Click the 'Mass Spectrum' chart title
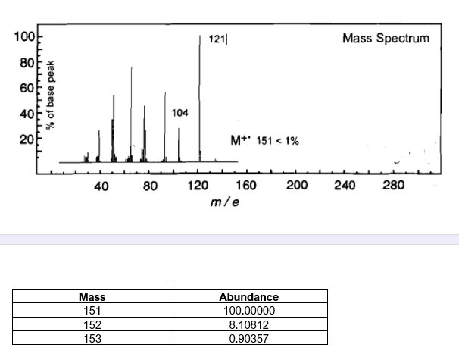tap(386, 38)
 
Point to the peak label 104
tap(180, 112)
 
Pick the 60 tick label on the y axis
tap(24, 88)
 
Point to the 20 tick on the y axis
tap(24, 139)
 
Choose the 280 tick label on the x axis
tap(394, 186)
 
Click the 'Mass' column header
tap(92, 297)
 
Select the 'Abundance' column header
tap(248, 297)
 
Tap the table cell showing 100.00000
tap(248, 310)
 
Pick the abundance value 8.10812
tap(248, 324)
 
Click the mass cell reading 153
tap(92, 337)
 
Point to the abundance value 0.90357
tap(248, 337)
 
